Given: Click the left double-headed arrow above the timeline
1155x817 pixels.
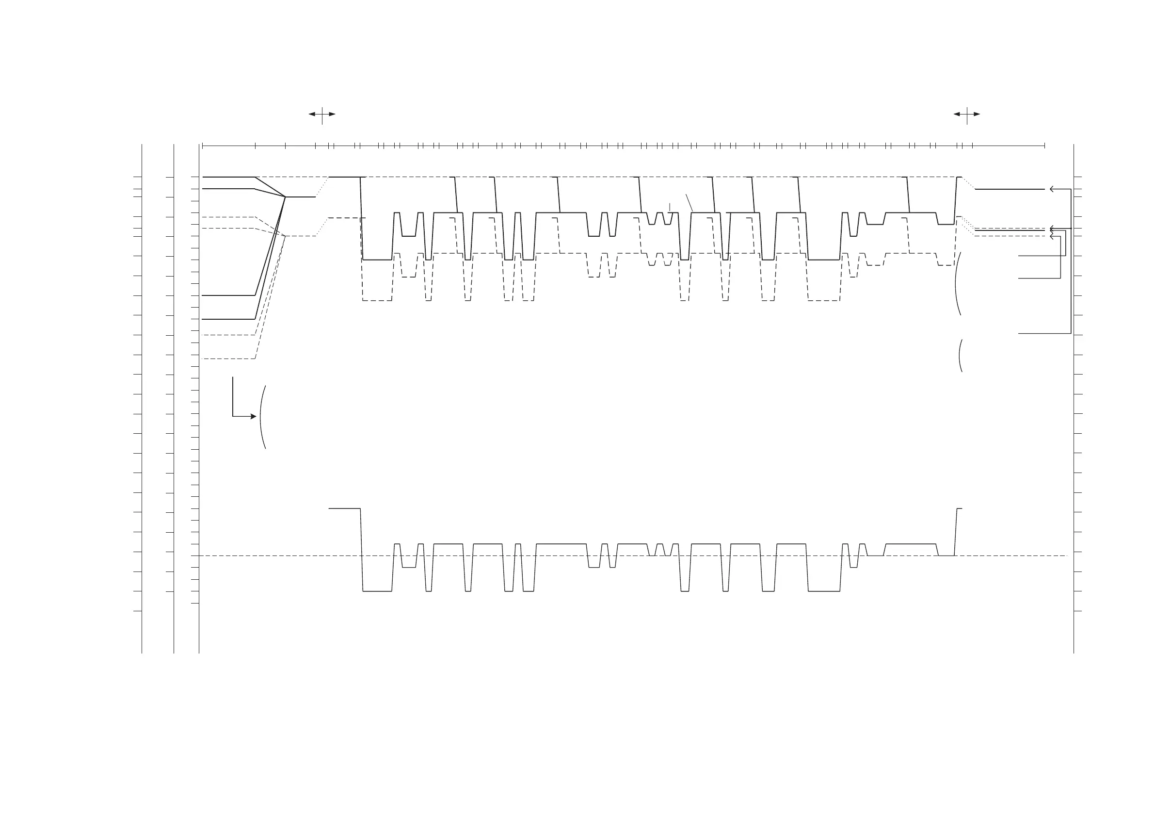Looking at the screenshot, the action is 322,114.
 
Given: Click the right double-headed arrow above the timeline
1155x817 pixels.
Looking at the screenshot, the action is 966,114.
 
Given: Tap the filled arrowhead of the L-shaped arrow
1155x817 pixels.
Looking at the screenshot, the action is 254,416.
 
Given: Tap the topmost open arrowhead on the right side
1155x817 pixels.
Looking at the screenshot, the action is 1052,189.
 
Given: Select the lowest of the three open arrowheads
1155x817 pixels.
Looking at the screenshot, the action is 1052,237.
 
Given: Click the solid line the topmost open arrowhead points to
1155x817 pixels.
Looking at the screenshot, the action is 1009,189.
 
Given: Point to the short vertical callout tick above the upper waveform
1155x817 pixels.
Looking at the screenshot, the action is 670,206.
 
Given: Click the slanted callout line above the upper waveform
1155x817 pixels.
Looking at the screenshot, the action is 689,202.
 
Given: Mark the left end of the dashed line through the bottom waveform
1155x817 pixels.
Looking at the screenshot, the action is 192,556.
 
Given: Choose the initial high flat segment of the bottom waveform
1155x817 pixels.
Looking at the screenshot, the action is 344,509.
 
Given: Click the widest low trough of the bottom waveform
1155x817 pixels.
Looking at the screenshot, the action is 824,591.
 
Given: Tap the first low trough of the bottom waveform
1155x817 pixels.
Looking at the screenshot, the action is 377,591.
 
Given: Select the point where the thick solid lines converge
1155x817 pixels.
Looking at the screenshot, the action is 285,197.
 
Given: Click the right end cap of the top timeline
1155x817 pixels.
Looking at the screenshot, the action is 1045,146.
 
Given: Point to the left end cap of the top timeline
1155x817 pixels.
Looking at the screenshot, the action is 202,146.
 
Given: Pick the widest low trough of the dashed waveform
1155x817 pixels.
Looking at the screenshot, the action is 824,300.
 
